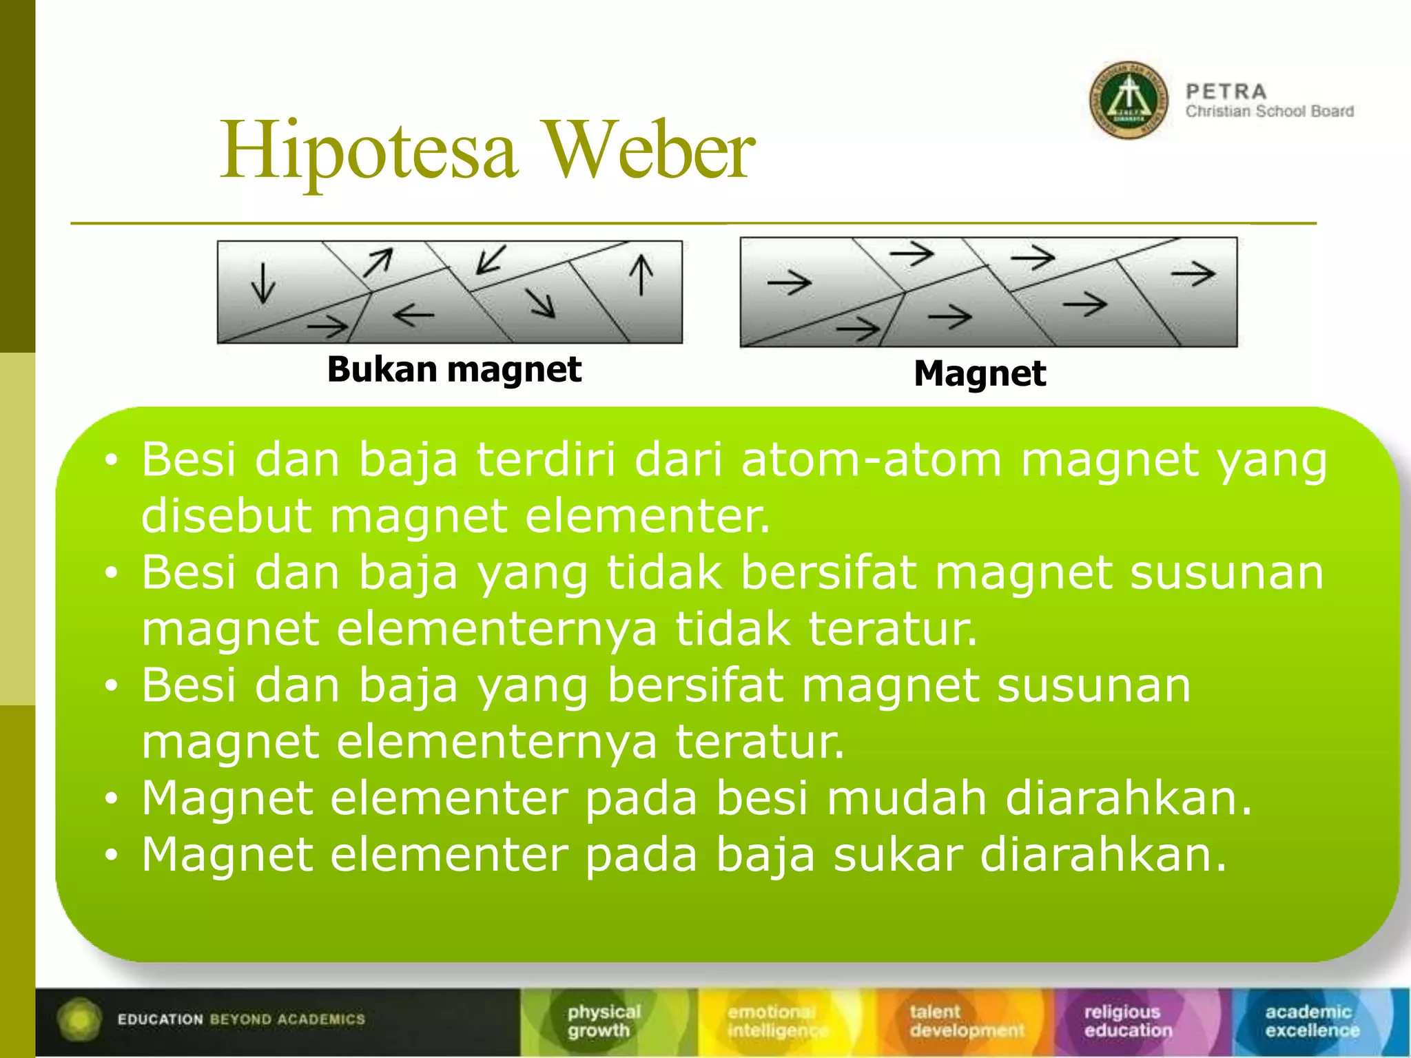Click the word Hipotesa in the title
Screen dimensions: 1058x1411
click(369, 152)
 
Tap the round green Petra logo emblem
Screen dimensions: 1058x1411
click(1129, 101)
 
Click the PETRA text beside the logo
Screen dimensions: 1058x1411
click(1226, 92)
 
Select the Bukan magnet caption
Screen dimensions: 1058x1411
click(454, 370)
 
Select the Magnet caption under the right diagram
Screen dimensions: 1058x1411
click(979, 374)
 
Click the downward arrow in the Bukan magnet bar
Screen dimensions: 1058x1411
click(263, 282)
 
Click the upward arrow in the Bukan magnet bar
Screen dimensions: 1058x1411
click(641, 275)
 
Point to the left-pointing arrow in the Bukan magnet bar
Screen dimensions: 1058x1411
click(413, 315)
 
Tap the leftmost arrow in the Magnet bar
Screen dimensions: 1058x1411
click(790, 282)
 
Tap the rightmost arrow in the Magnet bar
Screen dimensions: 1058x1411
click(1193, 274)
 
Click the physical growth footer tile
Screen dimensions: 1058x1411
click(604, 1021)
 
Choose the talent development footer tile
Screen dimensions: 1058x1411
click(966, 1021)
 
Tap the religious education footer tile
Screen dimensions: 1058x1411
click(1127, 1021)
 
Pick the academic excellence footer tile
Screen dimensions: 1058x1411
click(1311, 1021)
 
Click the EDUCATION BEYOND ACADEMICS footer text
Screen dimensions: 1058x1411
click(240, 1019)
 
